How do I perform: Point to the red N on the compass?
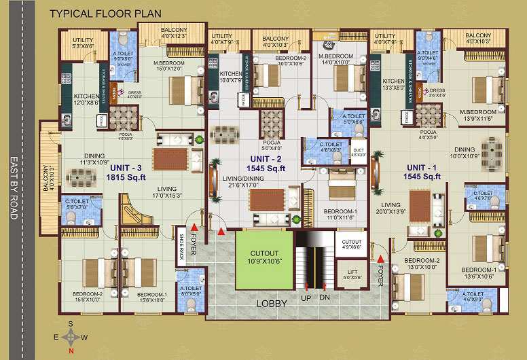point(71,350)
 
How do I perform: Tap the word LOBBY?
point(272,304)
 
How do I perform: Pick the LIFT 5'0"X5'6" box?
point(352,275)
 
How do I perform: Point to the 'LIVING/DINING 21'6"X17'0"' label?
point(253,181)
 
